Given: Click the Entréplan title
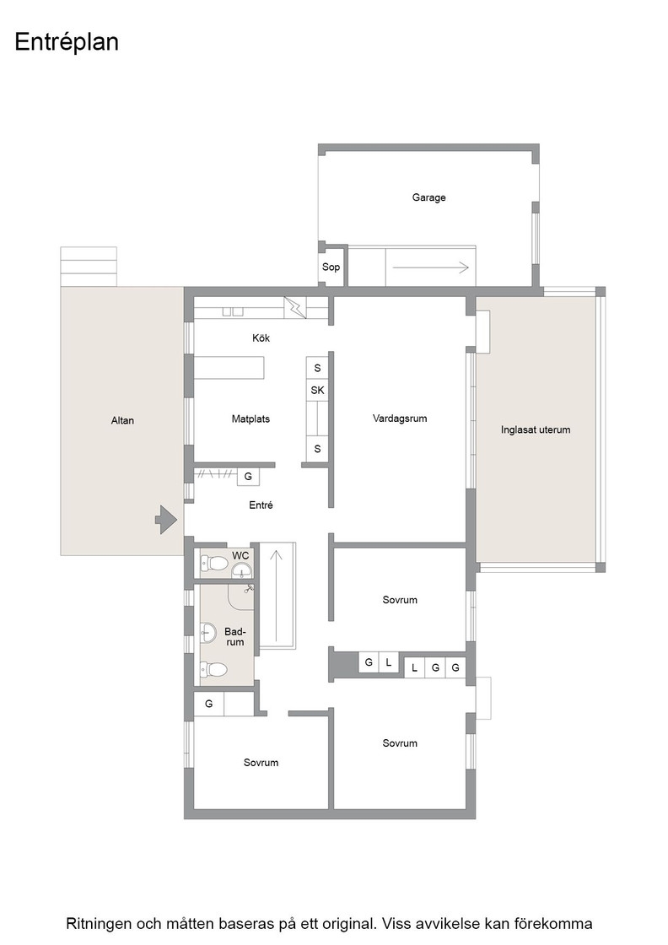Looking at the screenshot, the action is [67, 42].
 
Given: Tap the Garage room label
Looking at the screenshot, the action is [428, 197].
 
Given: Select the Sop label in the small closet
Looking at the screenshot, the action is [331, 267].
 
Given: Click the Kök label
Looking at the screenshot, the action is [261, 338].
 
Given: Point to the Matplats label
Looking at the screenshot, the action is [250, 418].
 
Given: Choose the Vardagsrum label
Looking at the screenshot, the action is [400, 418].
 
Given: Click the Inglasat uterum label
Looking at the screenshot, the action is [536, 429].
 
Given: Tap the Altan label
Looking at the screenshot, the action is [122, 421].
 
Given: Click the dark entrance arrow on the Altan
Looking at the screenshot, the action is [165, 519].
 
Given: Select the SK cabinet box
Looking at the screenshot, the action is [317, 390].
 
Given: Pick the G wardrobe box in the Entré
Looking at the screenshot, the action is [248, 477].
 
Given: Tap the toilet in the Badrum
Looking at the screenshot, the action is [214, 669].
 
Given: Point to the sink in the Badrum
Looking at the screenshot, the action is [208, 633].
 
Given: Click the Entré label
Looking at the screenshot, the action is [261, 505].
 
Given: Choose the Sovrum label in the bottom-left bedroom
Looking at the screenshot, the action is [261, 763].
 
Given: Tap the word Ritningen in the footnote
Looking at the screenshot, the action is [98, 924].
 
